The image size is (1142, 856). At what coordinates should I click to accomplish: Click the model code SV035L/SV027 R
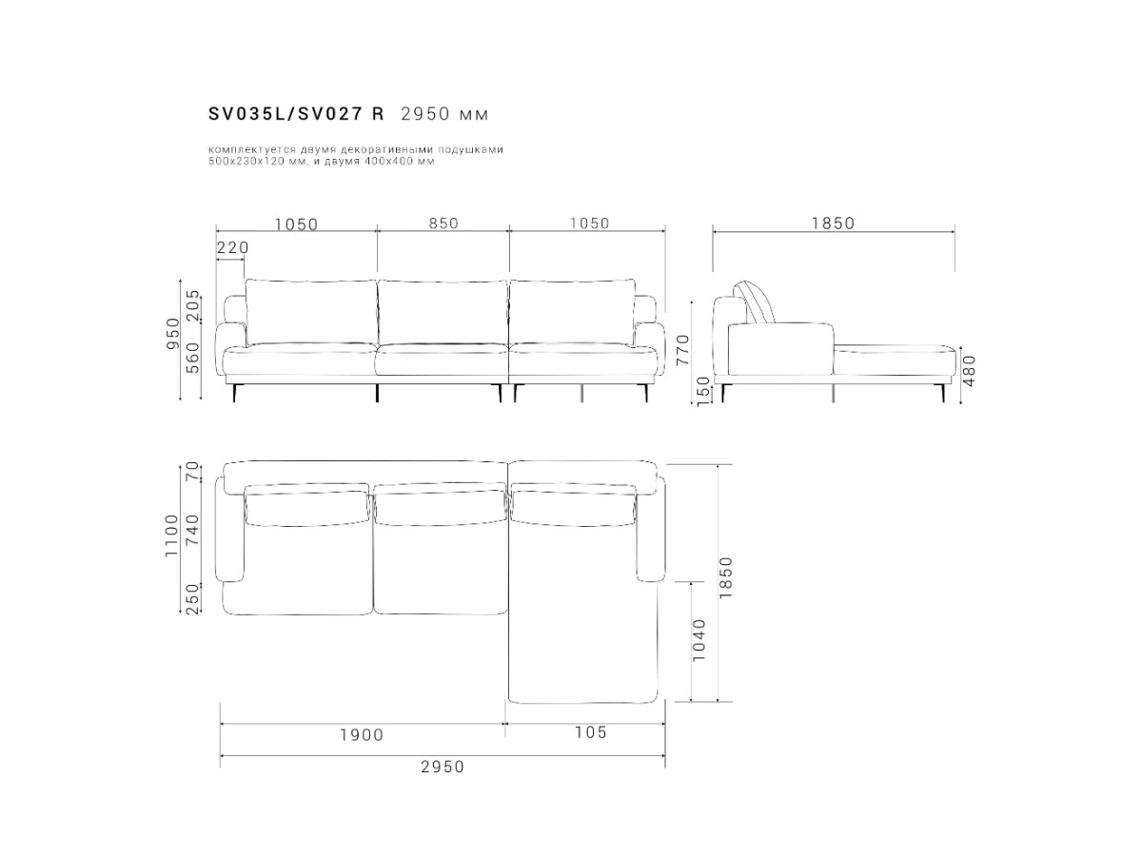pos(296,114)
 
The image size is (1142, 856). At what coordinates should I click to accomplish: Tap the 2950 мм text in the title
pos(444,114)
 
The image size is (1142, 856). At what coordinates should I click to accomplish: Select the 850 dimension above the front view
pos(443,224)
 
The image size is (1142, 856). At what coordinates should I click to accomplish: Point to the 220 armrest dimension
pos(232,248)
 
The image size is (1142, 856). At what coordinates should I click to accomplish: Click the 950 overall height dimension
pos(173,334)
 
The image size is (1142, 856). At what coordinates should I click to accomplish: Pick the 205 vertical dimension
pos(192,305)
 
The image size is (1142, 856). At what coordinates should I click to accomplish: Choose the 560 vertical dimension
pos(192,358)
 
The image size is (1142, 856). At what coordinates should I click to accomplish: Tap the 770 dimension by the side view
pos(682,350)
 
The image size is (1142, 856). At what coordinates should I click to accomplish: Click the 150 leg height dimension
pos(703,391)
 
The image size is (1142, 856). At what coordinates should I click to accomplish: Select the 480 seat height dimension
pos(970,371)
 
